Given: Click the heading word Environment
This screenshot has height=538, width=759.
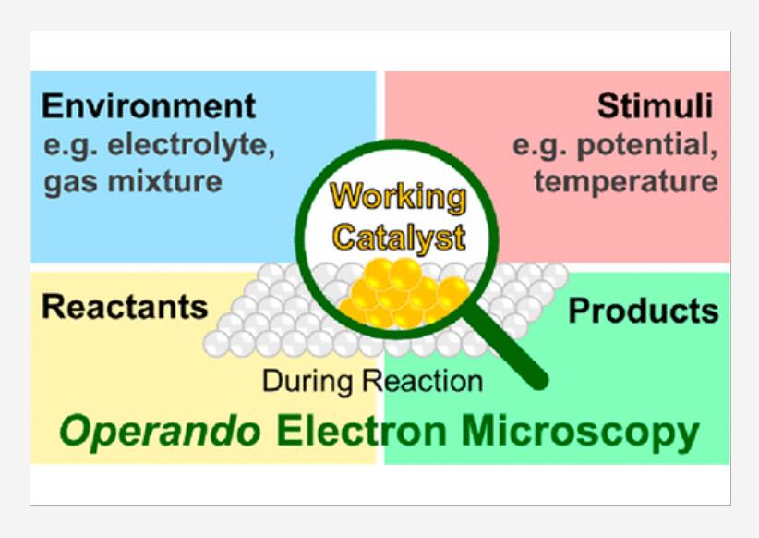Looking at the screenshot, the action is tap(149, 106).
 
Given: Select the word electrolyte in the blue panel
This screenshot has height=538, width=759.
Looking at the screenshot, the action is tap(191, 146).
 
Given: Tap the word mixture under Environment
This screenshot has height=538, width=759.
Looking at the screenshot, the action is tap(165, 182).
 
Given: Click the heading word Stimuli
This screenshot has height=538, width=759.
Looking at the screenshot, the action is tap(655, 106).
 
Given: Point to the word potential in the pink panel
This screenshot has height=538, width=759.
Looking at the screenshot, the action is tap(647, 145).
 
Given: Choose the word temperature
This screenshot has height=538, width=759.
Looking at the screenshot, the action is tap(626, 182).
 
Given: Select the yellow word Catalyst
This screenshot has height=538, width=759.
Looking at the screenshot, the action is tap(399, 238).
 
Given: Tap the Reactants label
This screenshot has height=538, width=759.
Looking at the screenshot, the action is tap(125, 307).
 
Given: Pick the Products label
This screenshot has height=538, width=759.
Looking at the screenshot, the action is tap(644, 311).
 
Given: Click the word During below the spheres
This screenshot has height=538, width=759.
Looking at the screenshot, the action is tap(307, 381).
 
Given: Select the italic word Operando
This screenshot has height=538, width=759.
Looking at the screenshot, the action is tap(160, 432).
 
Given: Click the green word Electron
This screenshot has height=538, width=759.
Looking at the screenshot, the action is tap(362, 432).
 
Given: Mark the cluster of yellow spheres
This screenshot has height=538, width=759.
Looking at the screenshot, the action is tap(404, 293).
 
